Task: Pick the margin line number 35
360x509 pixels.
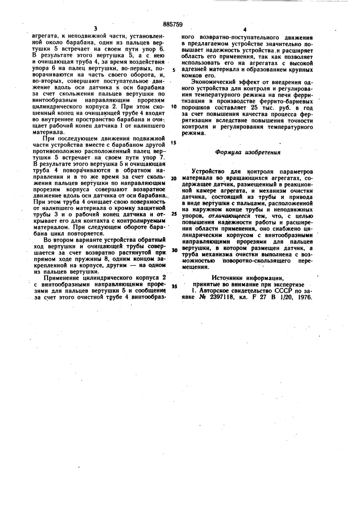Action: click(174, 286)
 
